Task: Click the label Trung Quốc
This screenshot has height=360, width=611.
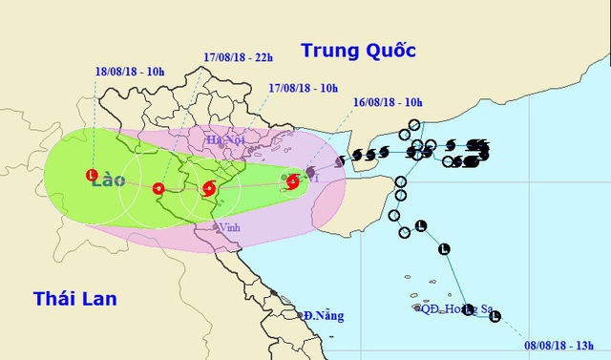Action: click(359, 50)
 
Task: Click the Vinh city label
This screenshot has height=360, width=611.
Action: click(229, 227)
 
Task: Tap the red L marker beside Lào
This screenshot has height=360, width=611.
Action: click(92, 175)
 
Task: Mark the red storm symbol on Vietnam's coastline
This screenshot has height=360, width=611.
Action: click(208, 188)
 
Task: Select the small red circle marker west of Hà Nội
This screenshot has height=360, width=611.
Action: click(158, 188)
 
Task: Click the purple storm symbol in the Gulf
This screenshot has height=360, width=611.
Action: click(310, 173)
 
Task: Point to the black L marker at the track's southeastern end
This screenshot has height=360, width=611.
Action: click(494, 316)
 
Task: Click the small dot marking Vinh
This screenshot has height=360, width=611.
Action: click(216, 227)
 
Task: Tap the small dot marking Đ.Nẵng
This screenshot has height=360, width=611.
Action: click(300, 316)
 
